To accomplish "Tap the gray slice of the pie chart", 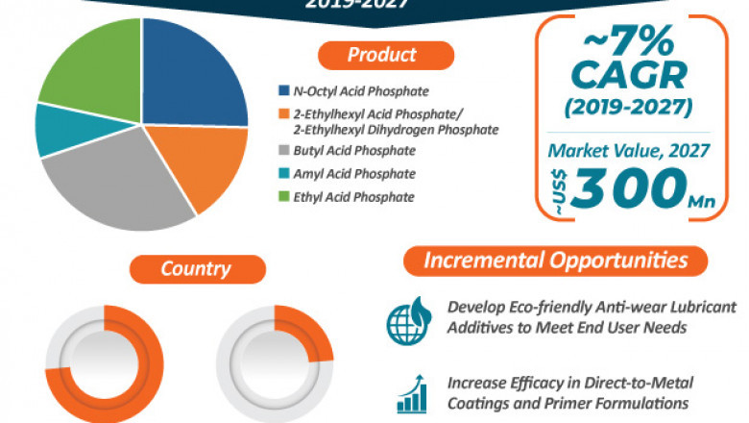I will [115, 187].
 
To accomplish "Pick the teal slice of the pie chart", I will [58, 130].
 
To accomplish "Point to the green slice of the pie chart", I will [91, 62].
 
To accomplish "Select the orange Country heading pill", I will [198, 268].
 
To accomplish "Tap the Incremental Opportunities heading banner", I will [556, 261].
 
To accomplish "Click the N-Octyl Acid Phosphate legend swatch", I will [283, 91].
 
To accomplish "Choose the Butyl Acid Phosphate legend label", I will [354, 151].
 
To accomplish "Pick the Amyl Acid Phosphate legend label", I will [354, 174].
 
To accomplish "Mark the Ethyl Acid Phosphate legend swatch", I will [283, 196].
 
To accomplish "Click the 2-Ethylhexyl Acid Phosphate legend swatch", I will [283, 115].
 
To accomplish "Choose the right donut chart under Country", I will [275, 363].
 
